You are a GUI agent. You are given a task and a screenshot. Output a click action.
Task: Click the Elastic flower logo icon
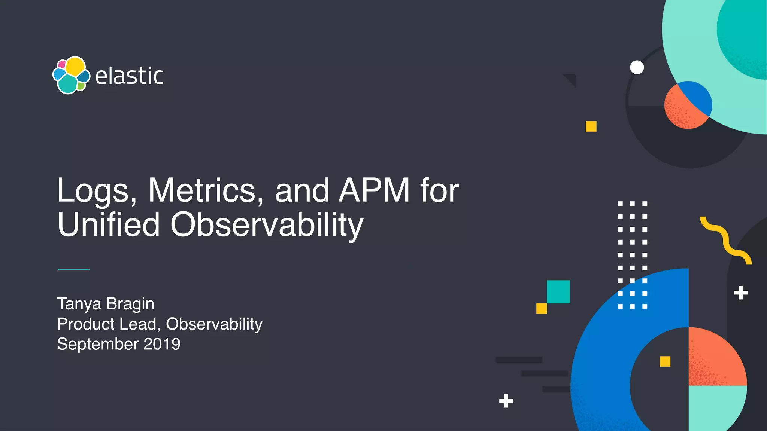(71, 75)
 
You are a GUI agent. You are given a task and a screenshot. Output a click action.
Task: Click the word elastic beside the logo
(129, 76)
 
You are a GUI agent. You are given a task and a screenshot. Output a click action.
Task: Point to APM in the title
(374, 191)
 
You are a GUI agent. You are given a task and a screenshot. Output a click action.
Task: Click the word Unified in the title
(109, 224)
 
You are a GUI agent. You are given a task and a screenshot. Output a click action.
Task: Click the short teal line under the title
(74, 269)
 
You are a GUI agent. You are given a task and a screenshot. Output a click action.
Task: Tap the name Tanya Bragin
(106, 304)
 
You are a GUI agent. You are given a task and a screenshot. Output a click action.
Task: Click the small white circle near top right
(637, 67)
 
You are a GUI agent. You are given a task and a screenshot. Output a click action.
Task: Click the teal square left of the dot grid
(558, 291)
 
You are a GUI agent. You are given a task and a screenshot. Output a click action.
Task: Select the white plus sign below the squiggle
(741, 293)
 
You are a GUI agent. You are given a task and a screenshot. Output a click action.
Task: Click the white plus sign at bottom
(506, 401)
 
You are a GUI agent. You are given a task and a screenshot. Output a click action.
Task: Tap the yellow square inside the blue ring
(665, 361)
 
